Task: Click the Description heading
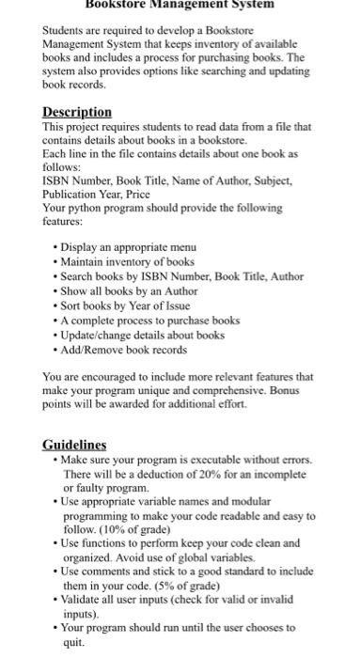coord(77,111)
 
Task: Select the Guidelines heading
coord(75,445)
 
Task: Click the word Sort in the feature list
coord(74,293)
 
